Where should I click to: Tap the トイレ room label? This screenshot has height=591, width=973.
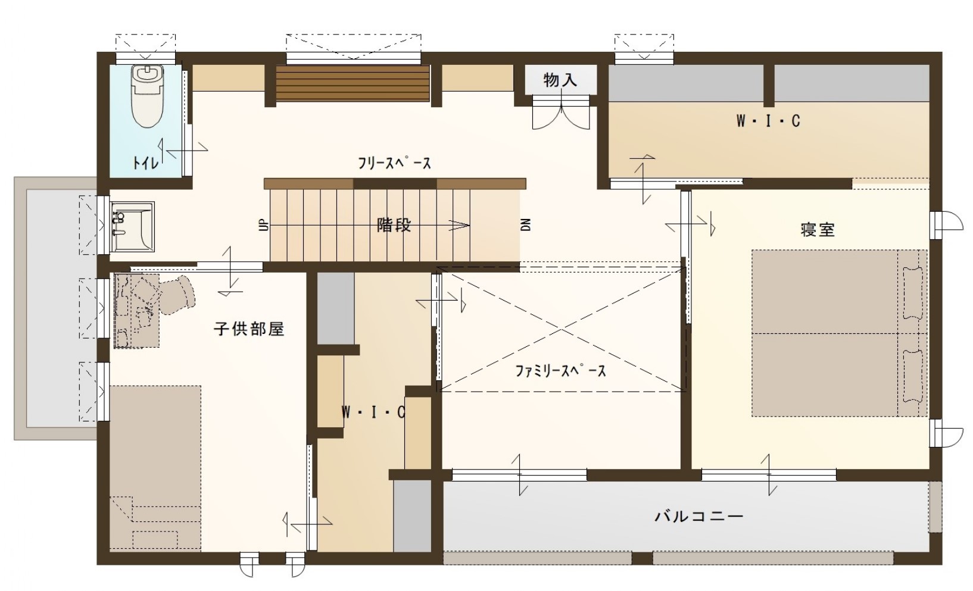(146, 162)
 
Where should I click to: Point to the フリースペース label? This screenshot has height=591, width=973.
(394, 163)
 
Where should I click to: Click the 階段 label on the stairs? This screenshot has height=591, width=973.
(394, 226)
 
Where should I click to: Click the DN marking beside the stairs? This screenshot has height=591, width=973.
(525, 225)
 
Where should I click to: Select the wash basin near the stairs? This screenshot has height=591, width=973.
(132, 227)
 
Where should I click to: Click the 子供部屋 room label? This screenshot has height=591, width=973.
(249, 329)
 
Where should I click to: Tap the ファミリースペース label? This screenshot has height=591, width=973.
(560, 371)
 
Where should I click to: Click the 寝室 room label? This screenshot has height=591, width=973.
(818, 230)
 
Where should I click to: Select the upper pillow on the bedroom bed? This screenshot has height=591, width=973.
(912, 292)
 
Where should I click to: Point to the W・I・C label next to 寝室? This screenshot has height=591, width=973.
(768, 121)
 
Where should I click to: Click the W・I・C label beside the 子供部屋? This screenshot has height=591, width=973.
(373, 412)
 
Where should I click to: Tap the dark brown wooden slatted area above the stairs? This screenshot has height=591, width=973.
(353, 84)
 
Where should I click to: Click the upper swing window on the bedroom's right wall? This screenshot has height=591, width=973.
(948, 221)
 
